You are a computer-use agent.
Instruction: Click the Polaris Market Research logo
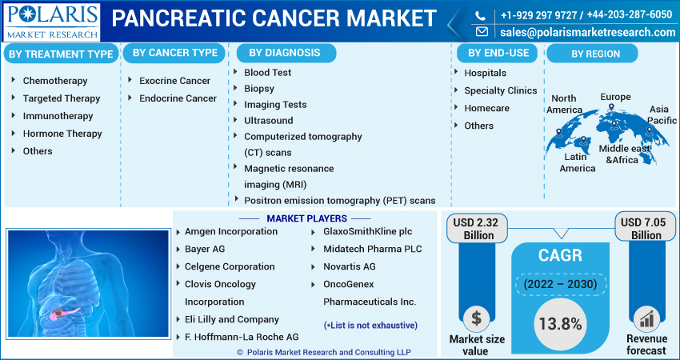pos(52,22)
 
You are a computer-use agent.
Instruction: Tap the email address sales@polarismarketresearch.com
pos(588,32)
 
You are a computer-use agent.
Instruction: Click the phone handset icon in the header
pos(480,16)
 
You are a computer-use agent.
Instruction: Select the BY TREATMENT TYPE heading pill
pos(61,54)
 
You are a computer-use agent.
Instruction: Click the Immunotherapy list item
pos(58,116)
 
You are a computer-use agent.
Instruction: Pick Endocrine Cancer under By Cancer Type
pos(178,98)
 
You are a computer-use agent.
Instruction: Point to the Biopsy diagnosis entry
pos(259,89)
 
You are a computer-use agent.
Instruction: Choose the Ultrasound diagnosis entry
pos(269,121)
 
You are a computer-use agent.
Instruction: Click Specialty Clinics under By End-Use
pos(501,90)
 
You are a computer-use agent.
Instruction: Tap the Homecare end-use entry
pos(486,108)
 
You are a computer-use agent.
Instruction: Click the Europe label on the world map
pos(615,97)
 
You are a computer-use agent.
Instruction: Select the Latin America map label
pos(578,162)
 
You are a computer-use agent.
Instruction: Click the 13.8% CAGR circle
pos(560,324)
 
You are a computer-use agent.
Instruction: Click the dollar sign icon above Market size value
pos(477,318)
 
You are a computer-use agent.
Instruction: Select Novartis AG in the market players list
pos(349,266)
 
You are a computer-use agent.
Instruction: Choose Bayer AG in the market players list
pos(205,249)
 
